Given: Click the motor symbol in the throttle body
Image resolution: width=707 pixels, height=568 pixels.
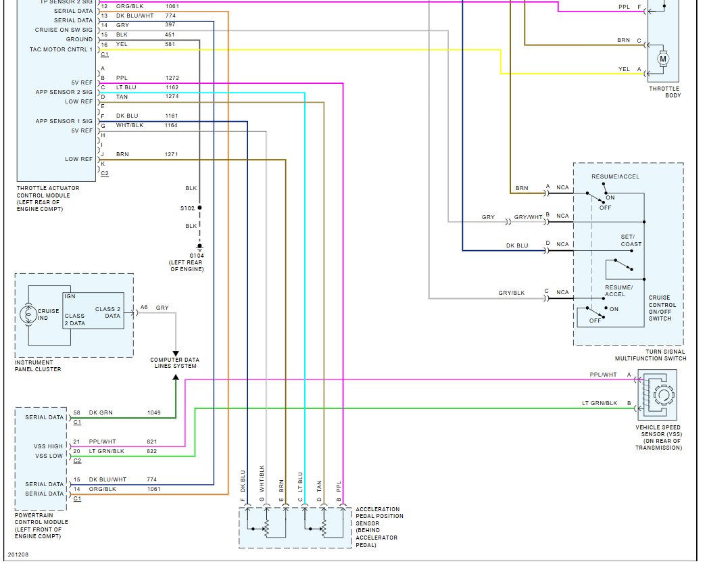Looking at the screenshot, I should click(663, 59).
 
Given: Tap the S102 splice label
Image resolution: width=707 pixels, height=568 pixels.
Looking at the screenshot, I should click(187, 208).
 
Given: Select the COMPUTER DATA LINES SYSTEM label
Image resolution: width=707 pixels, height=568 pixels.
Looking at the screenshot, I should click(174, 363).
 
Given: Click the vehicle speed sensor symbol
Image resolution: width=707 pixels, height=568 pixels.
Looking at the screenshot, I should click(659, 397).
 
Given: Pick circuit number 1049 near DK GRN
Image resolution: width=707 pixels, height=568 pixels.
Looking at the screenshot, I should click(154, 412).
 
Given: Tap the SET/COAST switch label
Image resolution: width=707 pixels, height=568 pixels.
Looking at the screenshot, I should click(631, 241).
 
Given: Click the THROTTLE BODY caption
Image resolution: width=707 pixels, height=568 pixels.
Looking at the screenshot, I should click(664, 92).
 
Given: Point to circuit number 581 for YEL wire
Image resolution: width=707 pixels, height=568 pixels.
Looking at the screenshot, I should click(170, 44).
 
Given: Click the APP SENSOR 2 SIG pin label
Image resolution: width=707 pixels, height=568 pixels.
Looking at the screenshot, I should click(64, 92).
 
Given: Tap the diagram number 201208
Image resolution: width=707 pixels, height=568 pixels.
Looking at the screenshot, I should click(18, 555).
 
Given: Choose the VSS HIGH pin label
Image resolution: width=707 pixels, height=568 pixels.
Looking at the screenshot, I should click(48, 446).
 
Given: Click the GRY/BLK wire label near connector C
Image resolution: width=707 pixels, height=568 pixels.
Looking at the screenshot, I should click(511, 293).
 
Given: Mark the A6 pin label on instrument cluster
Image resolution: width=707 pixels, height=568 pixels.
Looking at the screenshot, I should click(144, 308).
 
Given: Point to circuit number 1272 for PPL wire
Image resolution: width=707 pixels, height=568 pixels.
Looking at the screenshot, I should click(172, 78).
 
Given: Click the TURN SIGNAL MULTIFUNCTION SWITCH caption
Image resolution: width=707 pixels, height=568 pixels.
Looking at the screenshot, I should click(650, 355).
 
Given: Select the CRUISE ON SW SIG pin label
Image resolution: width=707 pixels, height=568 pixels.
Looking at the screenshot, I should click(64, 30).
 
